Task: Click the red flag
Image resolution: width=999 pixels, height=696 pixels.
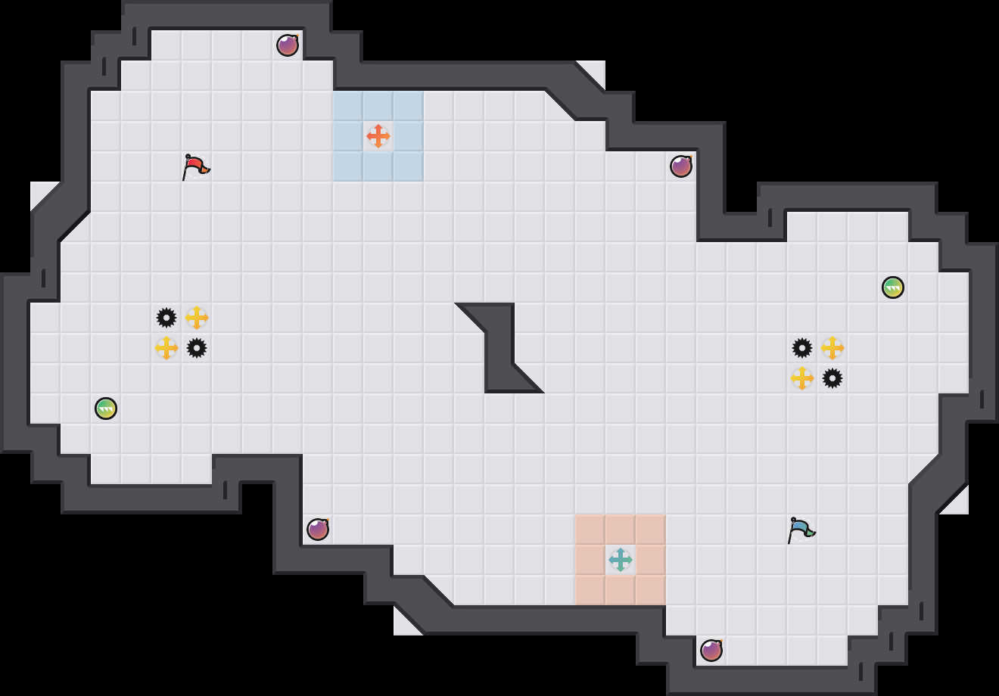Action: click(x=195, y=166)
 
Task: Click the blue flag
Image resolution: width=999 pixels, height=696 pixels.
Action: click(x=801, y=530)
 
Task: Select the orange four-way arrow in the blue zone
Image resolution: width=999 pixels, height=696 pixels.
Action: click(x=378, y=136)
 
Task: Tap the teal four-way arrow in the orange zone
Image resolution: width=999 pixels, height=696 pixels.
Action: click(x=621, y=560)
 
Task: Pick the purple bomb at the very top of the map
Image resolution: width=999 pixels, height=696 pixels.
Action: click(x=288, y=45)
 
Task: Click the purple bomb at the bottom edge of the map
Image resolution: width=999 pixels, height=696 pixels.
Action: click(x=711, y=651)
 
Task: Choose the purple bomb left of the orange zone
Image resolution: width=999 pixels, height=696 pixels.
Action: click(x=318, y=530)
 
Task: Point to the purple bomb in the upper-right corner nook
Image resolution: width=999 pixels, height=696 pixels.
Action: click(x=681, y=166)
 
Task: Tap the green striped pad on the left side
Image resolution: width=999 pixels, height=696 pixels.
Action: click(x=106, y=409)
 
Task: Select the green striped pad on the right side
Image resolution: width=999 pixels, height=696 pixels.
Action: click(x=893, y=287)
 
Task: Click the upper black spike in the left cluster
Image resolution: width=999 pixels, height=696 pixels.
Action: click(x=166, y=318)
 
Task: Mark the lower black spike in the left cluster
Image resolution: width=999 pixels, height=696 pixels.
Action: click(x=197, y=348)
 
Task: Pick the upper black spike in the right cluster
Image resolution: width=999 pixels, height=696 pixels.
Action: click(x=802, y=348)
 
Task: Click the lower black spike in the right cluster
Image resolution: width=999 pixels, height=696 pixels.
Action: click(x=832, y=378)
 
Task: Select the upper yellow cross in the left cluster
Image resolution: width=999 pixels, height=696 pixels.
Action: click(x=197, y=318)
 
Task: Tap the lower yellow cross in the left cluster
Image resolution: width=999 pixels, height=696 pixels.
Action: click(x=166, y=348)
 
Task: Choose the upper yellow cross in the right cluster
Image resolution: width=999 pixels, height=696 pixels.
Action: click(x=832, y=348)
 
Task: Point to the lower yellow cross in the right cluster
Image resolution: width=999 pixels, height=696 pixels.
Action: click(x=802, y=378)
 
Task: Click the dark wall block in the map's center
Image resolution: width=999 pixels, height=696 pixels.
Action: click(x=499, y=348)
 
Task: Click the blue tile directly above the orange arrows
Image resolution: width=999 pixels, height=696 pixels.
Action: click(x=378, y=106)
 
